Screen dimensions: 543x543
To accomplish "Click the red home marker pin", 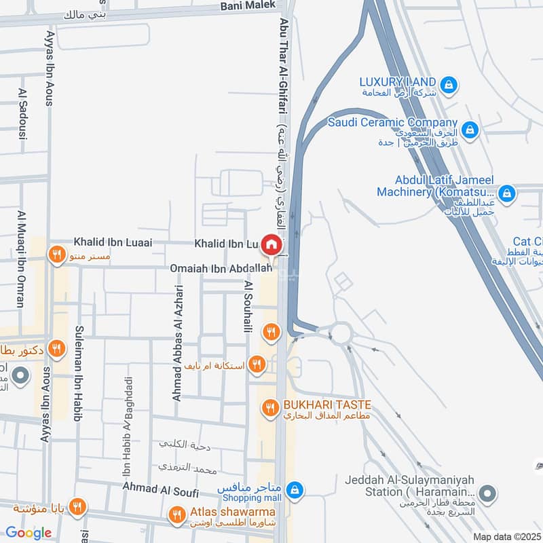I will click(271, 244).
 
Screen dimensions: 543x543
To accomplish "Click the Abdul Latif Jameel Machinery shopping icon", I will click(506, 194).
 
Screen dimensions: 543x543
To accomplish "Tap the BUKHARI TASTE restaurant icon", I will click(269, 408).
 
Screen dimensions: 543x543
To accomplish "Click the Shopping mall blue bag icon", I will click(294, 489).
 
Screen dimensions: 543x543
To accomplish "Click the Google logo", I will click(29, 533).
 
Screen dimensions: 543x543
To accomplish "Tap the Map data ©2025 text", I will click(506, 536).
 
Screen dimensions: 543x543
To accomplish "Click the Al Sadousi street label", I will click(22, 114).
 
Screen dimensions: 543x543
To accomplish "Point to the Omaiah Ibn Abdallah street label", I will click(221, 269).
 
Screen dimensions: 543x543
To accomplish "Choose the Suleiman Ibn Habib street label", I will click(77, 381).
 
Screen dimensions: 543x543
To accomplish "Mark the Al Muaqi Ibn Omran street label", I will click(20, 259).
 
